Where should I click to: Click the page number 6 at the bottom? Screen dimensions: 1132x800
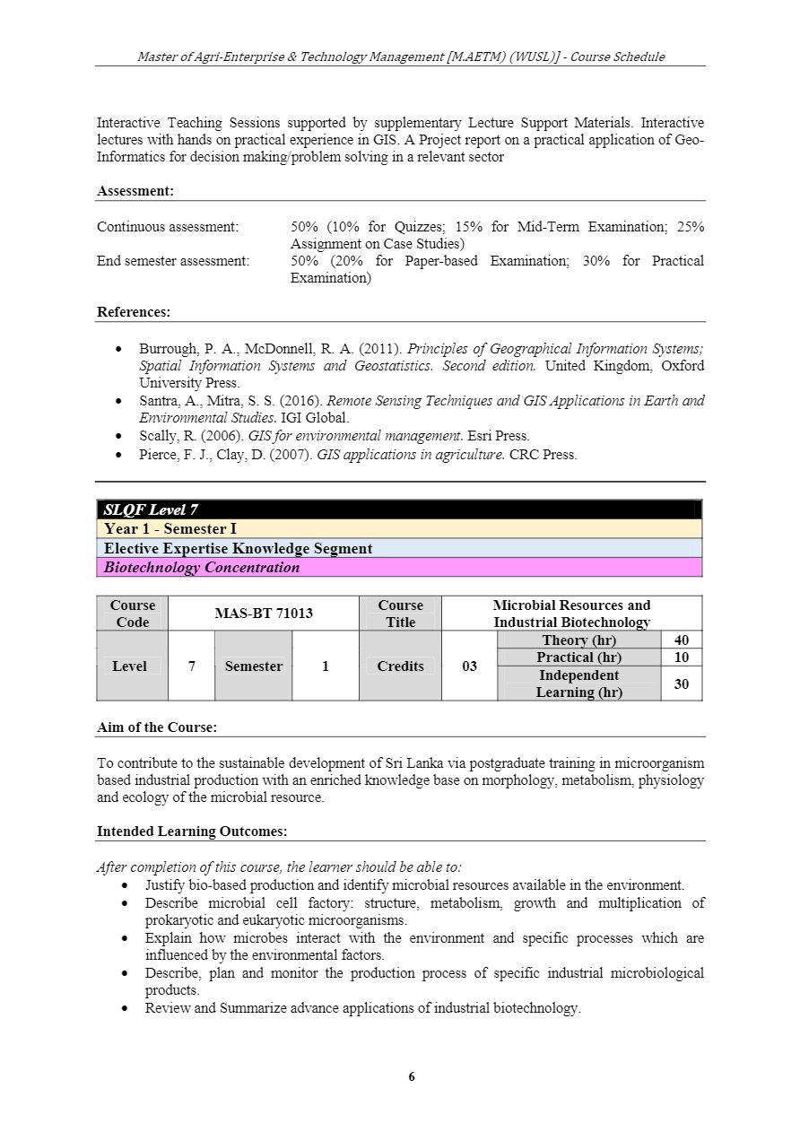click(412, 1077)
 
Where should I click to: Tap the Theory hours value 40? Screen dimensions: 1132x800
click(681, 640)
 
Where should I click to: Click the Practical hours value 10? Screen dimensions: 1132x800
click(681, 657)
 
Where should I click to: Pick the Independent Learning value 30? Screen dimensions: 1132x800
click(681, 684)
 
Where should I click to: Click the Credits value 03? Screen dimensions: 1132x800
click(469, 666)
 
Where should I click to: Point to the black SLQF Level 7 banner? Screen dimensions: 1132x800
click(399, 509)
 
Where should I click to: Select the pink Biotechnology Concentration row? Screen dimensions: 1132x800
click(399, 567)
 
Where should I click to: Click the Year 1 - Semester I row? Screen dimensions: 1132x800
click(399, 529)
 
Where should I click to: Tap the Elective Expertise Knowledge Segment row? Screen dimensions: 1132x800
click(399, 548)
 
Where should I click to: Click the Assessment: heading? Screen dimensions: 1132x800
click(135, 191)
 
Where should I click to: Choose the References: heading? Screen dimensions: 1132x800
click(134, 312)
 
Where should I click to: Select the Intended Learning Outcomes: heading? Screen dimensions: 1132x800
click(192, 832)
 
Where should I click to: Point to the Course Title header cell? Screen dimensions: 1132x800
click(400, 614)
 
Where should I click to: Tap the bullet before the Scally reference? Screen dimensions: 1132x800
click(121, 436)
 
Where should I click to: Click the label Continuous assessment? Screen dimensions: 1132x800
click(168, 227)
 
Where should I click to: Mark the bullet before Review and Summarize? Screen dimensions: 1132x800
click(126, 1008)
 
